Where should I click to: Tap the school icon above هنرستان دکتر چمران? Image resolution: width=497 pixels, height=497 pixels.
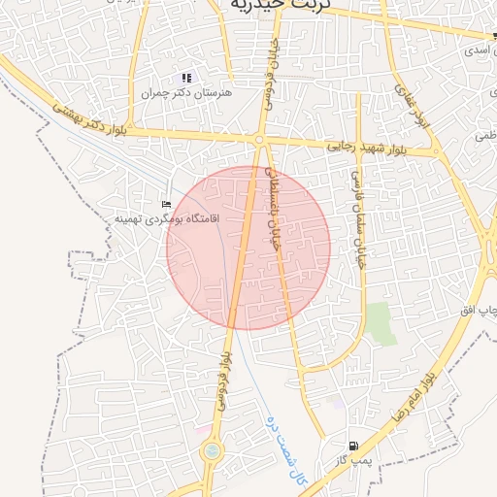click(186, 78)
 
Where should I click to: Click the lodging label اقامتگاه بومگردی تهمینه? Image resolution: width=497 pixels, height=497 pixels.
click(167, 218)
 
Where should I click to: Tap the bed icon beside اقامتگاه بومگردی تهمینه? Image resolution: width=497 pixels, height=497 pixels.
click(165, 204)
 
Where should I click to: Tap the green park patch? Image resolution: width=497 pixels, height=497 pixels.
click(381, 323)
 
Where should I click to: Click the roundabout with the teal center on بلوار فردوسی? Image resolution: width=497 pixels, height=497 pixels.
click(211, 451)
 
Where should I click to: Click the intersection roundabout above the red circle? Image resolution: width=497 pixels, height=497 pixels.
click(259, 142)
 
